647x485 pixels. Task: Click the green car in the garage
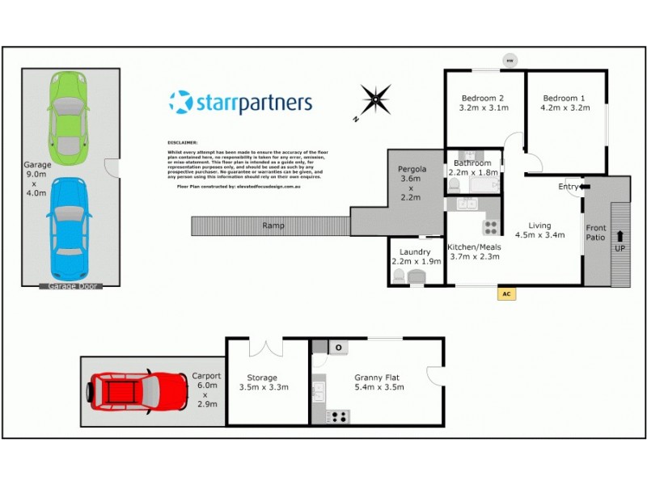pyautogui.click(x=68, y=117)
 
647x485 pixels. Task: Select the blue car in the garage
pyautogui.click(x=68, y=228)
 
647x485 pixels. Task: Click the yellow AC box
pyautogui.click(x=507, y=293)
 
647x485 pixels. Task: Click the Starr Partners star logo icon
pyautogui.click(x=180, y=103)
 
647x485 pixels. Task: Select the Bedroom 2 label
pyautogui.click(x=483, y=99)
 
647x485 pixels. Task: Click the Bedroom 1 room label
pyautogui.click(x=565, y=99)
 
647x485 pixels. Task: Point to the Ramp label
pyautogui.click(x=273, y=225)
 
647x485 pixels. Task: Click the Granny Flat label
pyautogui.click(x=378, y=377)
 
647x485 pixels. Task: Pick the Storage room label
pyautogui.click(x=262, y=377)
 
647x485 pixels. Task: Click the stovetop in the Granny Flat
pyautogui.click(x=338, y=416)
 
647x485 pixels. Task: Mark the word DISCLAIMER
pyautogui.click(x=182, y=141)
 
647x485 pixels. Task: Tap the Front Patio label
pyautogui.click(x=595, y=233)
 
